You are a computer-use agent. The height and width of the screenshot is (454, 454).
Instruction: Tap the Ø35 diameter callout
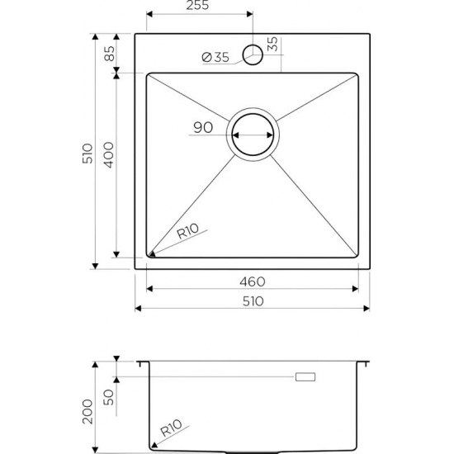215,57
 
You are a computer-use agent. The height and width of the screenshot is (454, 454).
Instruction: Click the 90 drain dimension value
203,127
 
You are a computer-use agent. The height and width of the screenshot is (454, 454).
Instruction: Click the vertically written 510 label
88,152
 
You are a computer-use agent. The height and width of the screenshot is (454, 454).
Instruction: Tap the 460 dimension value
255,281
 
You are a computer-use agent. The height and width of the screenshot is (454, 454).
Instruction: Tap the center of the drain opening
253,135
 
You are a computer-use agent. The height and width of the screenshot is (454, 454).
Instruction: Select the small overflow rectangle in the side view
305,377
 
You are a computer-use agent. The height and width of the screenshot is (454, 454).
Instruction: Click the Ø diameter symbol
206,57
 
